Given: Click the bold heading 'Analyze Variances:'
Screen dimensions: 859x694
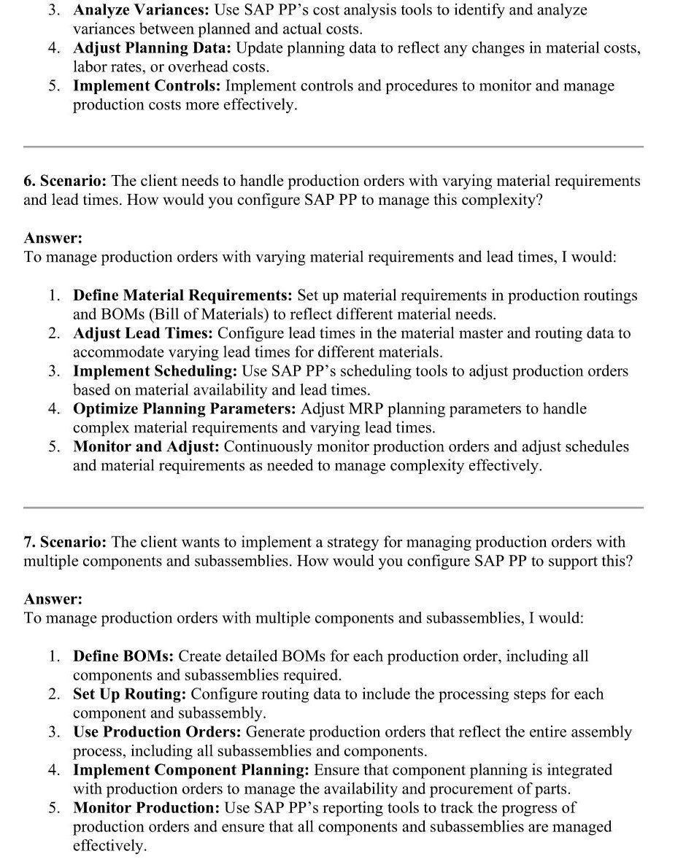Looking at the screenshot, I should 142,10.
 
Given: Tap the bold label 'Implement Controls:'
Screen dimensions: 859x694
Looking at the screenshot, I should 147,86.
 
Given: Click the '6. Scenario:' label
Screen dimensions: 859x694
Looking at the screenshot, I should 65,181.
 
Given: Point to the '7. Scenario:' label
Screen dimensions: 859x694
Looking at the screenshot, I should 65,542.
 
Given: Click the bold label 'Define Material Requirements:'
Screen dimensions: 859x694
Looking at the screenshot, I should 182,295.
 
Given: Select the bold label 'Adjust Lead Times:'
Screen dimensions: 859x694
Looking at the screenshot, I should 143,333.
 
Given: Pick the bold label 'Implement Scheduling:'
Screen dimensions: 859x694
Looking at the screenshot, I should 155,371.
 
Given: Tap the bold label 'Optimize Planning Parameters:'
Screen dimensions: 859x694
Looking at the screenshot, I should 185,409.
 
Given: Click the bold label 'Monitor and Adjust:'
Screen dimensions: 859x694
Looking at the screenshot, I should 146,447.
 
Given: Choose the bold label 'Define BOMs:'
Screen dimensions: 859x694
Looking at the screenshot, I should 123,656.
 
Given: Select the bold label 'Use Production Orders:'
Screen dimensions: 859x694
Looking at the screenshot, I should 157,732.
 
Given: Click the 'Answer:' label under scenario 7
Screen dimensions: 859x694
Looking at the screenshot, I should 53,599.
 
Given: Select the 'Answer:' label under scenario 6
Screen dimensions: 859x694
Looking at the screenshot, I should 53,238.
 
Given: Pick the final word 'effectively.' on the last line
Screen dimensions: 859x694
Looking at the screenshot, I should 109,846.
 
